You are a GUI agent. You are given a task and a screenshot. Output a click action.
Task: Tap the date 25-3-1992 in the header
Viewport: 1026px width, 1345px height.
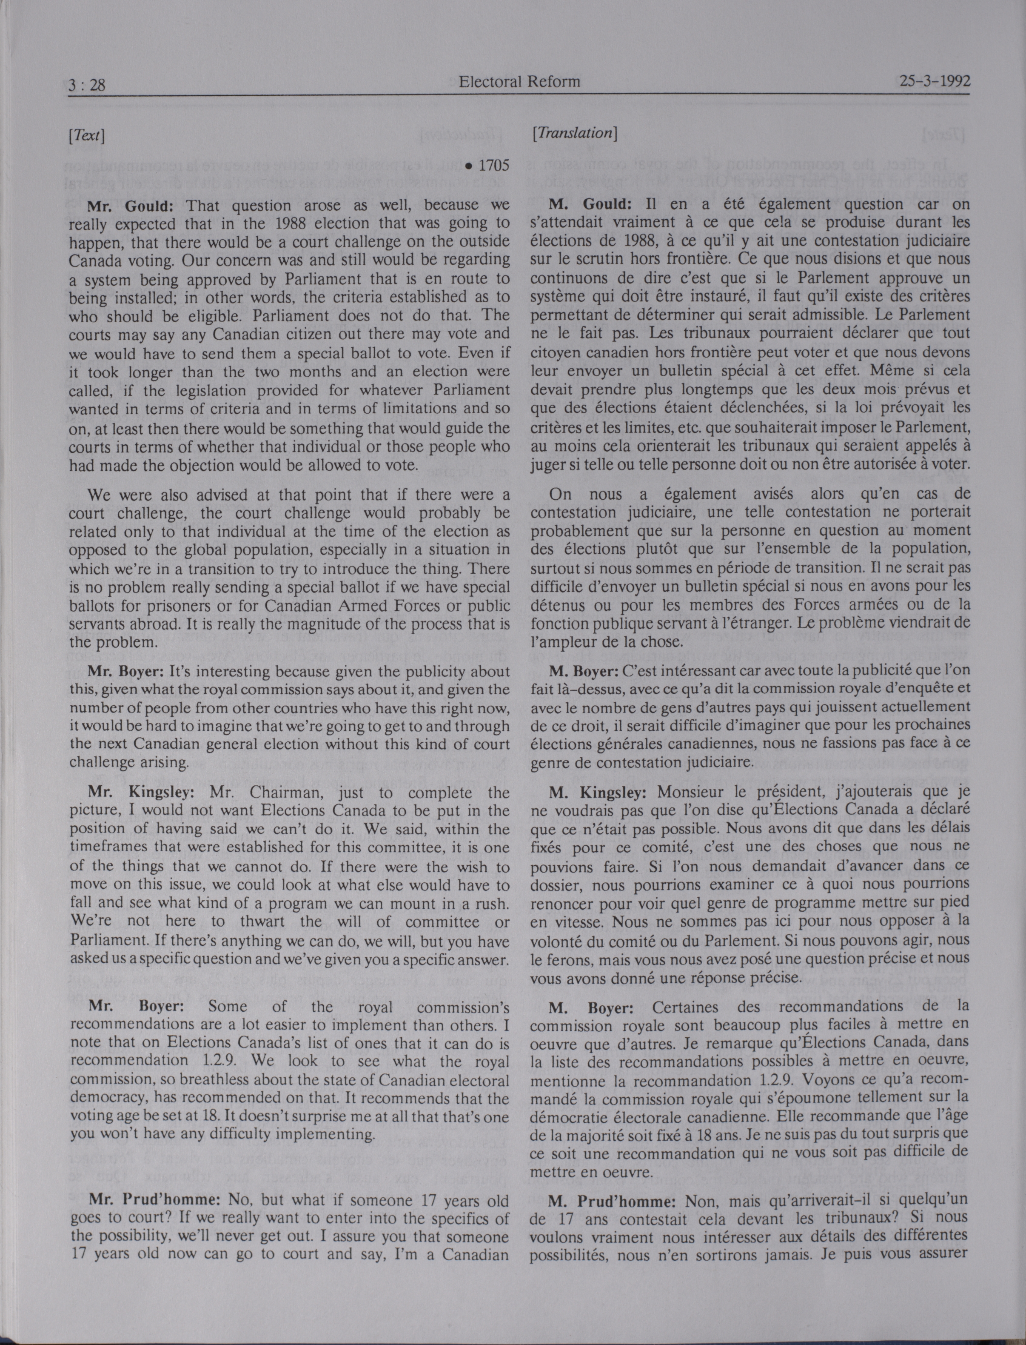coord(935,81)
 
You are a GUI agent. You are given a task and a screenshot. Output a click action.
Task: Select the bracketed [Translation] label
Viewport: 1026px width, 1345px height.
coord(575,133)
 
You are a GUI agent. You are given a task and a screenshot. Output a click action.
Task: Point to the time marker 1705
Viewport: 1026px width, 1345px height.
coord(493,166)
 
